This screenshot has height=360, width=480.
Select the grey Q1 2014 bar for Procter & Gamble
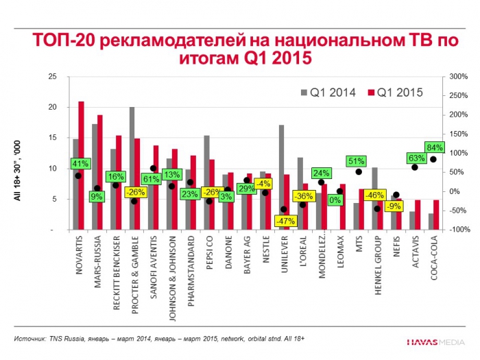132,169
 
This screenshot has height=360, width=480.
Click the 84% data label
435,147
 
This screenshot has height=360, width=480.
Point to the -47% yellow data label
284,221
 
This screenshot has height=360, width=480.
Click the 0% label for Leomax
335,200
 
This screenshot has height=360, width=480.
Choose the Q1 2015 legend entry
395,91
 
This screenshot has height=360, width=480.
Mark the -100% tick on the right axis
457,230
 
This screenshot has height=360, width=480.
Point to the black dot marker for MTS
359,171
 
